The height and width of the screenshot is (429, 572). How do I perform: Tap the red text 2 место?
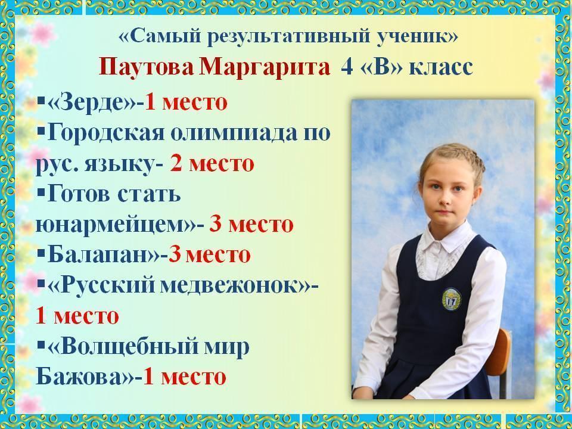[212, 163]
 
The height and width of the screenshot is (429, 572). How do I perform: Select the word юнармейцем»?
[116, 225]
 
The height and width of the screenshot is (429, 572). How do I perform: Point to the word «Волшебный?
[123, 347]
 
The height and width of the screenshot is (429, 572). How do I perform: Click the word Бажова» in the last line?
[85, 377]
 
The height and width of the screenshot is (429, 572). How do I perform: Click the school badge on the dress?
[451, 300]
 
